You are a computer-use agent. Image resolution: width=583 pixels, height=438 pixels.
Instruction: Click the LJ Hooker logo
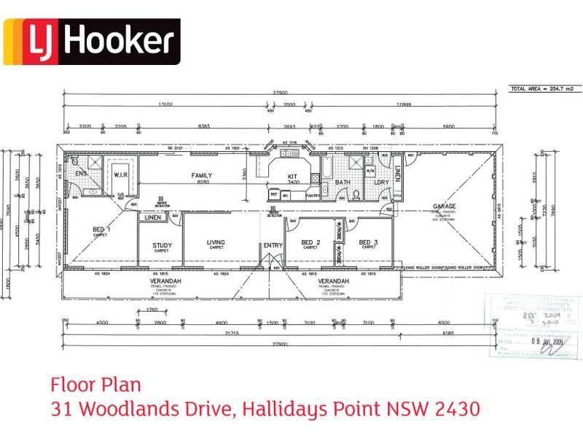(91, 42)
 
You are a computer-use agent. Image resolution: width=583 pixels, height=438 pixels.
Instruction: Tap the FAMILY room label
(202, 176)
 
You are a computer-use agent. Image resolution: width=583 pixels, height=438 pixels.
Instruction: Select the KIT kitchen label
(291, 177)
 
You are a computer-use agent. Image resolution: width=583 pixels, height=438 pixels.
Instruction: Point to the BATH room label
(343, 182)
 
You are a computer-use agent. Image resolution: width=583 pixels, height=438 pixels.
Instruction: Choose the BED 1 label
(101, 230)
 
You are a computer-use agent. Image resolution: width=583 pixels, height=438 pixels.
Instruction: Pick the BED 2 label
(310, 242)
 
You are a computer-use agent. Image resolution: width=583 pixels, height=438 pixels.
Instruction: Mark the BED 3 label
(368, 242)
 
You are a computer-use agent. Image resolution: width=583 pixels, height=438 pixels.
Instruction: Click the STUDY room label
(161, 245)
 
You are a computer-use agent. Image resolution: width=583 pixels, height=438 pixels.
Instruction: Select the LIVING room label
(216, 242)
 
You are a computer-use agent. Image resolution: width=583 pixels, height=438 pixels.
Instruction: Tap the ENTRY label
(273, 245)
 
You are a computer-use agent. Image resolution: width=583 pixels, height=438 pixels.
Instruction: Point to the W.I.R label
(120, 175)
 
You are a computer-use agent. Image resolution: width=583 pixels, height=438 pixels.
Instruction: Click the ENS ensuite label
(81, 173)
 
